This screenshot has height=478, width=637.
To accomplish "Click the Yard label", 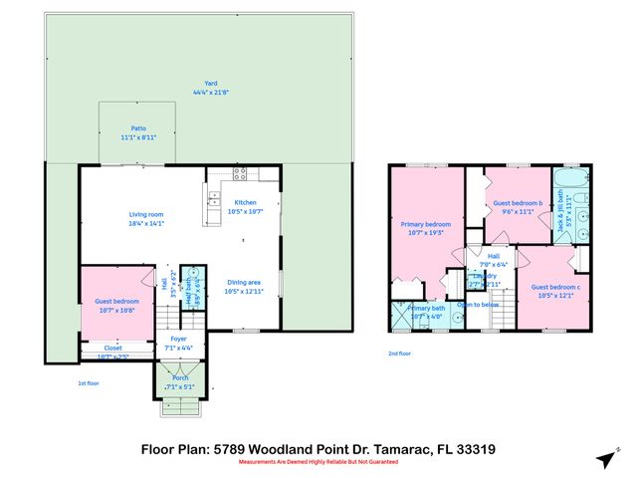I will point(210,84).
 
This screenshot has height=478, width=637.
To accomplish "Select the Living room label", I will point(145,214).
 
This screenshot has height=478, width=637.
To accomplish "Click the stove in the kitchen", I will point(240,173).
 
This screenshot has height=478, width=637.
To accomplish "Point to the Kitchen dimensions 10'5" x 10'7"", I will point(245,211).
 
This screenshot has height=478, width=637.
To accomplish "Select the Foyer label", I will point(178,339).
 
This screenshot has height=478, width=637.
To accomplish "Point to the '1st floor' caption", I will point(89,383).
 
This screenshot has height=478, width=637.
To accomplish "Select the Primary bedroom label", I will point(426,224).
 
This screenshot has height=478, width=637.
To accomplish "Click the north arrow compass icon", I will point(604,459).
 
